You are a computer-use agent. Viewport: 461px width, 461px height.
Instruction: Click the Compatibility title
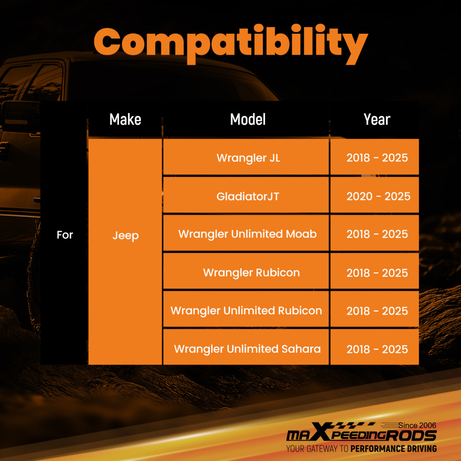[231, 44]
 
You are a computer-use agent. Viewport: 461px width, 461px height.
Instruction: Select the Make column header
[125, 119]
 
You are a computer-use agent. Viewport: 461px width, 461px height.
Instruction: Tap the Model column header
[248, 119]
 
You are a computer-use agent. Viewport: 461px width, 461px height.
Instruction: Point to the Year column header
[377, 119]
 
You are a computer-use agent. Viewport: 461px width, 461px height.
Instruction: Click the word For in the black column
[65, 235]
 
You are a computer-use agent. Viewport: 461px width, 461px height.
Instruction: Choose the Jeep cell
[125, 252]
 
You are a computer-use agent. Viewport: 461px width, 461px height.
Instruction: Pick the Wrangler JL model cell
[246, 157]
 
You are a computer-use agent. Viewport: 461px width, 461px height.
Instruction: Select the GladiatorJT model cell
[246, 195]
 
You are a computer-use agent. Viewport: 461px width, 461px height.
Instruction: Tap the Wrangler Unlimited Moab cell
[246, 233]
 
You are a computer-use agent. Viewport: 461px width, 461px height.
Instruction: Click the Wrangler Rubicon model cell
[246, 271]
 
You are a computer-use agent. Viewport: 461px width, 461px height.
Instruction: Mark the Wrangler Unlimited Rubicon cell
[246, 309]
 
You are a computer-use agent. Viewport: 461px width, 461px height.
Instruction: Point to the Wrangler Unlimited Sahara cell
[246, 347]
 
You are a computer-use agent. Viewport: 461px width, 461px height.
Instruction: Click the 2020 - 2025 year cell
[374, 195]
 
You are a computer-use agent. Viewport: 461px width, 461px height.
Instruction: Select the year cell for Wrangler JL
[374, 157]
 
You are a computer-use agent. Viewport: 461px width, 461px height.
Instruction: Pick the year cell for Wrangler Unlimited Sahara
[374, 347]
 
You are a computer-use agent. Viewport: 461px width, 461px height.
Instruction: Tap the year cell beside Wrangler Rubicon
[374, 271]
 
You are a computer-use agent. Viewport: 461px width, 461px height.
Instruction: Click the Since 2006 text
[417, 426]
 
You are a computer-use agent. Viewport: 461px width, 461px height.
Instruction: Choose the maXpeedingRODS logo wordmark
[361, 433]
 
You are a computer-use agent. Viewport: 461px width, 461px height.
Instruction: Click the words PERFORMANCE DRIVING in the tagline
[393, 449]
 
